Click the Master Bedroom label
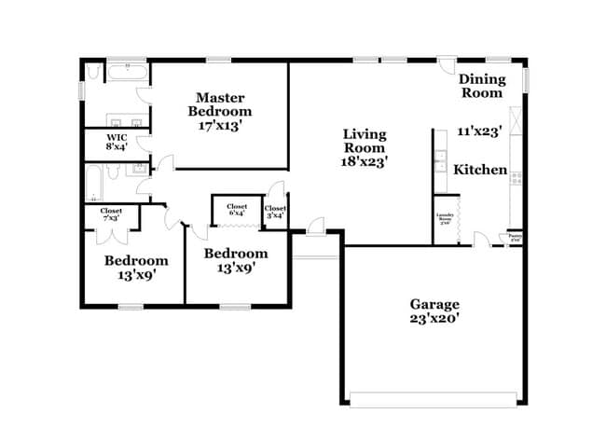220,103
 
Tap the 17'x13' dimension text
220,125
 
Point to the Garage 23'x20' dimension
434,318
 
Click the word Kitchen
480,171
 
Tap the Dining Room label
481,86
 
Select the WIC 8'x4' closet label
116,141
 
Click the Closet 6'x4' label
236,210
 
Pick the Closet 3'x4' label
275,213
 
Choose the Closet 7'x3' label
111,215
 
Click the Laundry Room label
446,220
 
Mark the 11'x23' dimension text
480,132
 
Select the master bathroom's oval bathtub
125,71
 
